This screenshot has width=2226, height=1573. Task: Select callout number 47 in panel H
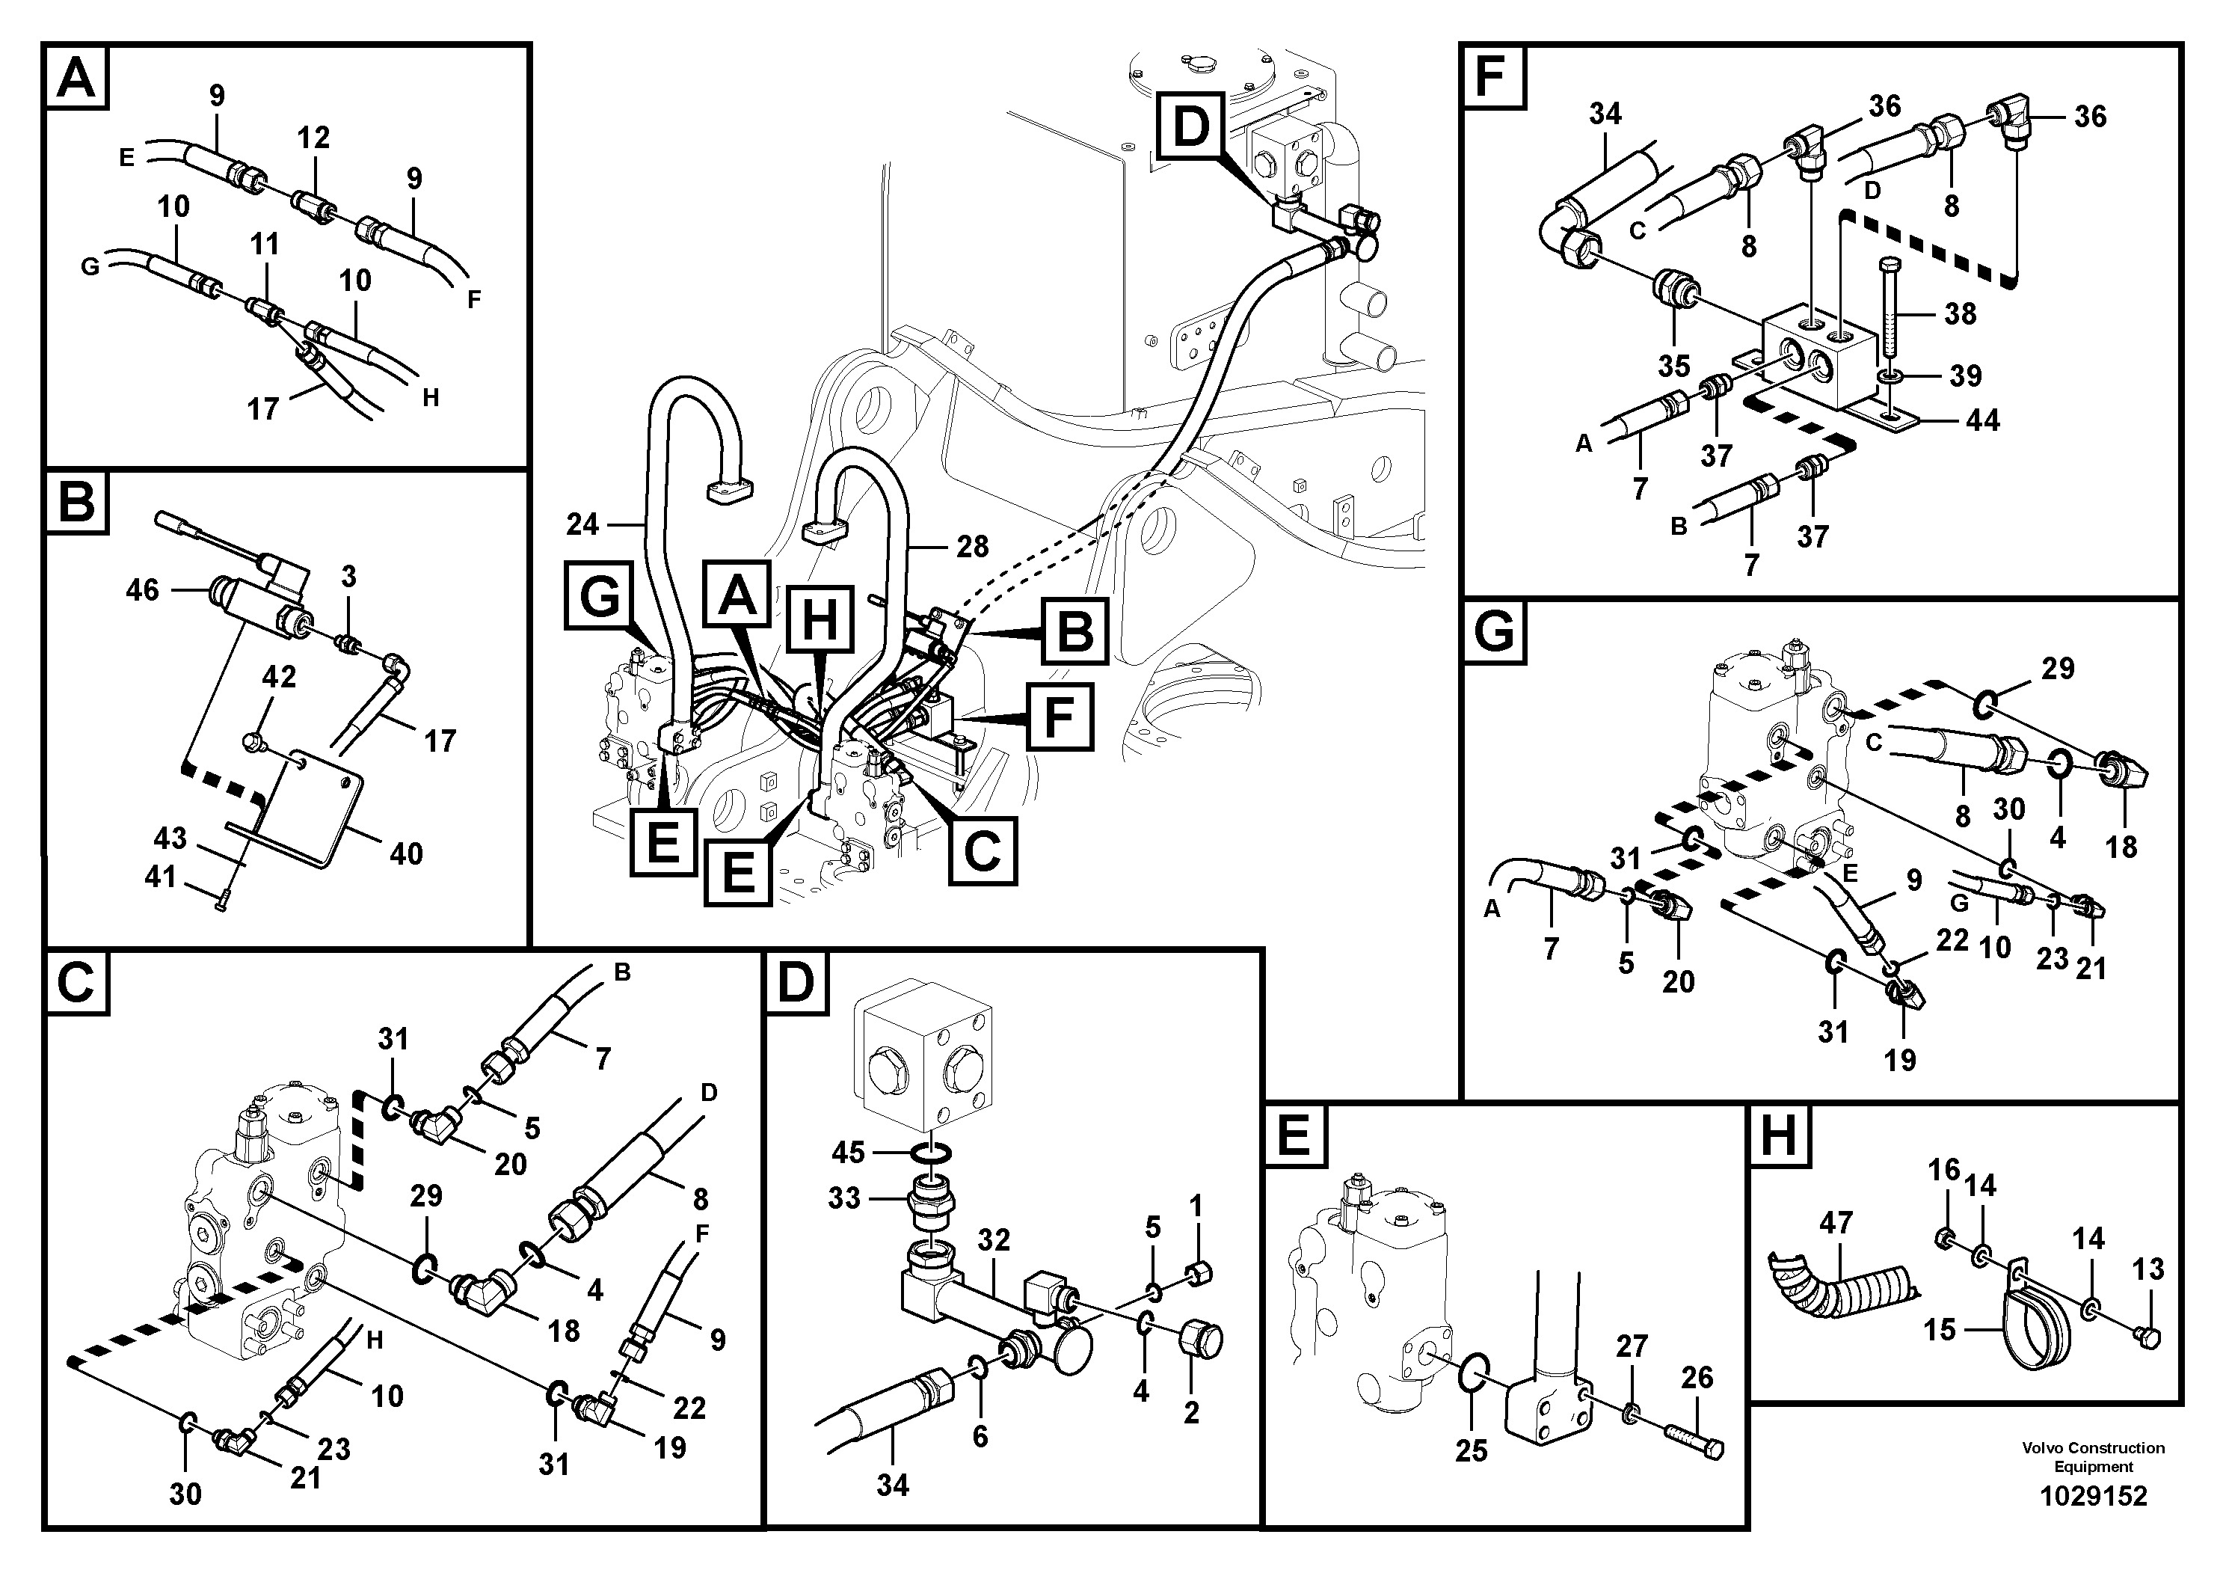pyautogui.click(x=1835, y=1223)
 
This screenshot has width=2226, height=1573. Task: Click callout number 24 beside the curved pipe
pyautogui.click(x=582, y=524)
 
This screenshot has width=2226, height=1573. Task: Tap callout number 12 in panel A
pyautogui.click(x=313, y=138)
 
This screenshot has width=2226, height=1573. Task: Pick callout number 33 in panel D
pyautogui.click(x=843, y=1199)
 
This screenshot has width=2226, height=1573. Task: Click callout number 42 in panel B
pyautogui.click(x=279, y=676)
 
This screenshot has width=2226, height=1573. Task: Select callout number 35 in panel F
pyautogui.click(x=1673, y=367)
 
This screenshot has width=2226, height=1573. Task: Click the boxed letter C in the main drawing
pyautogui.click(x=982, y=850)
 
